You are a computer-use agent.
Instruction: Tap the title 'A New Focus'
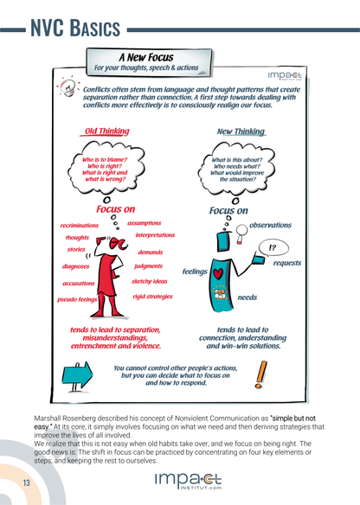[x=145, y=57]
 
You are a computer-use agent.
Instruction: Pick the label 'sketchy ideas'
[x=150, y=281]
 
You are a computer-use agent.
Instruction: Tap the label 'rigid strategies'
[x=151, y=297]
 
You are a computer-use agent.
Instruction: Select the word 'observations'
[x=270, y=226]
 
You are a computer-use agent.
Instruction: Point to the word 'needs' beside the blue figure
[x=247, y=297]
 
